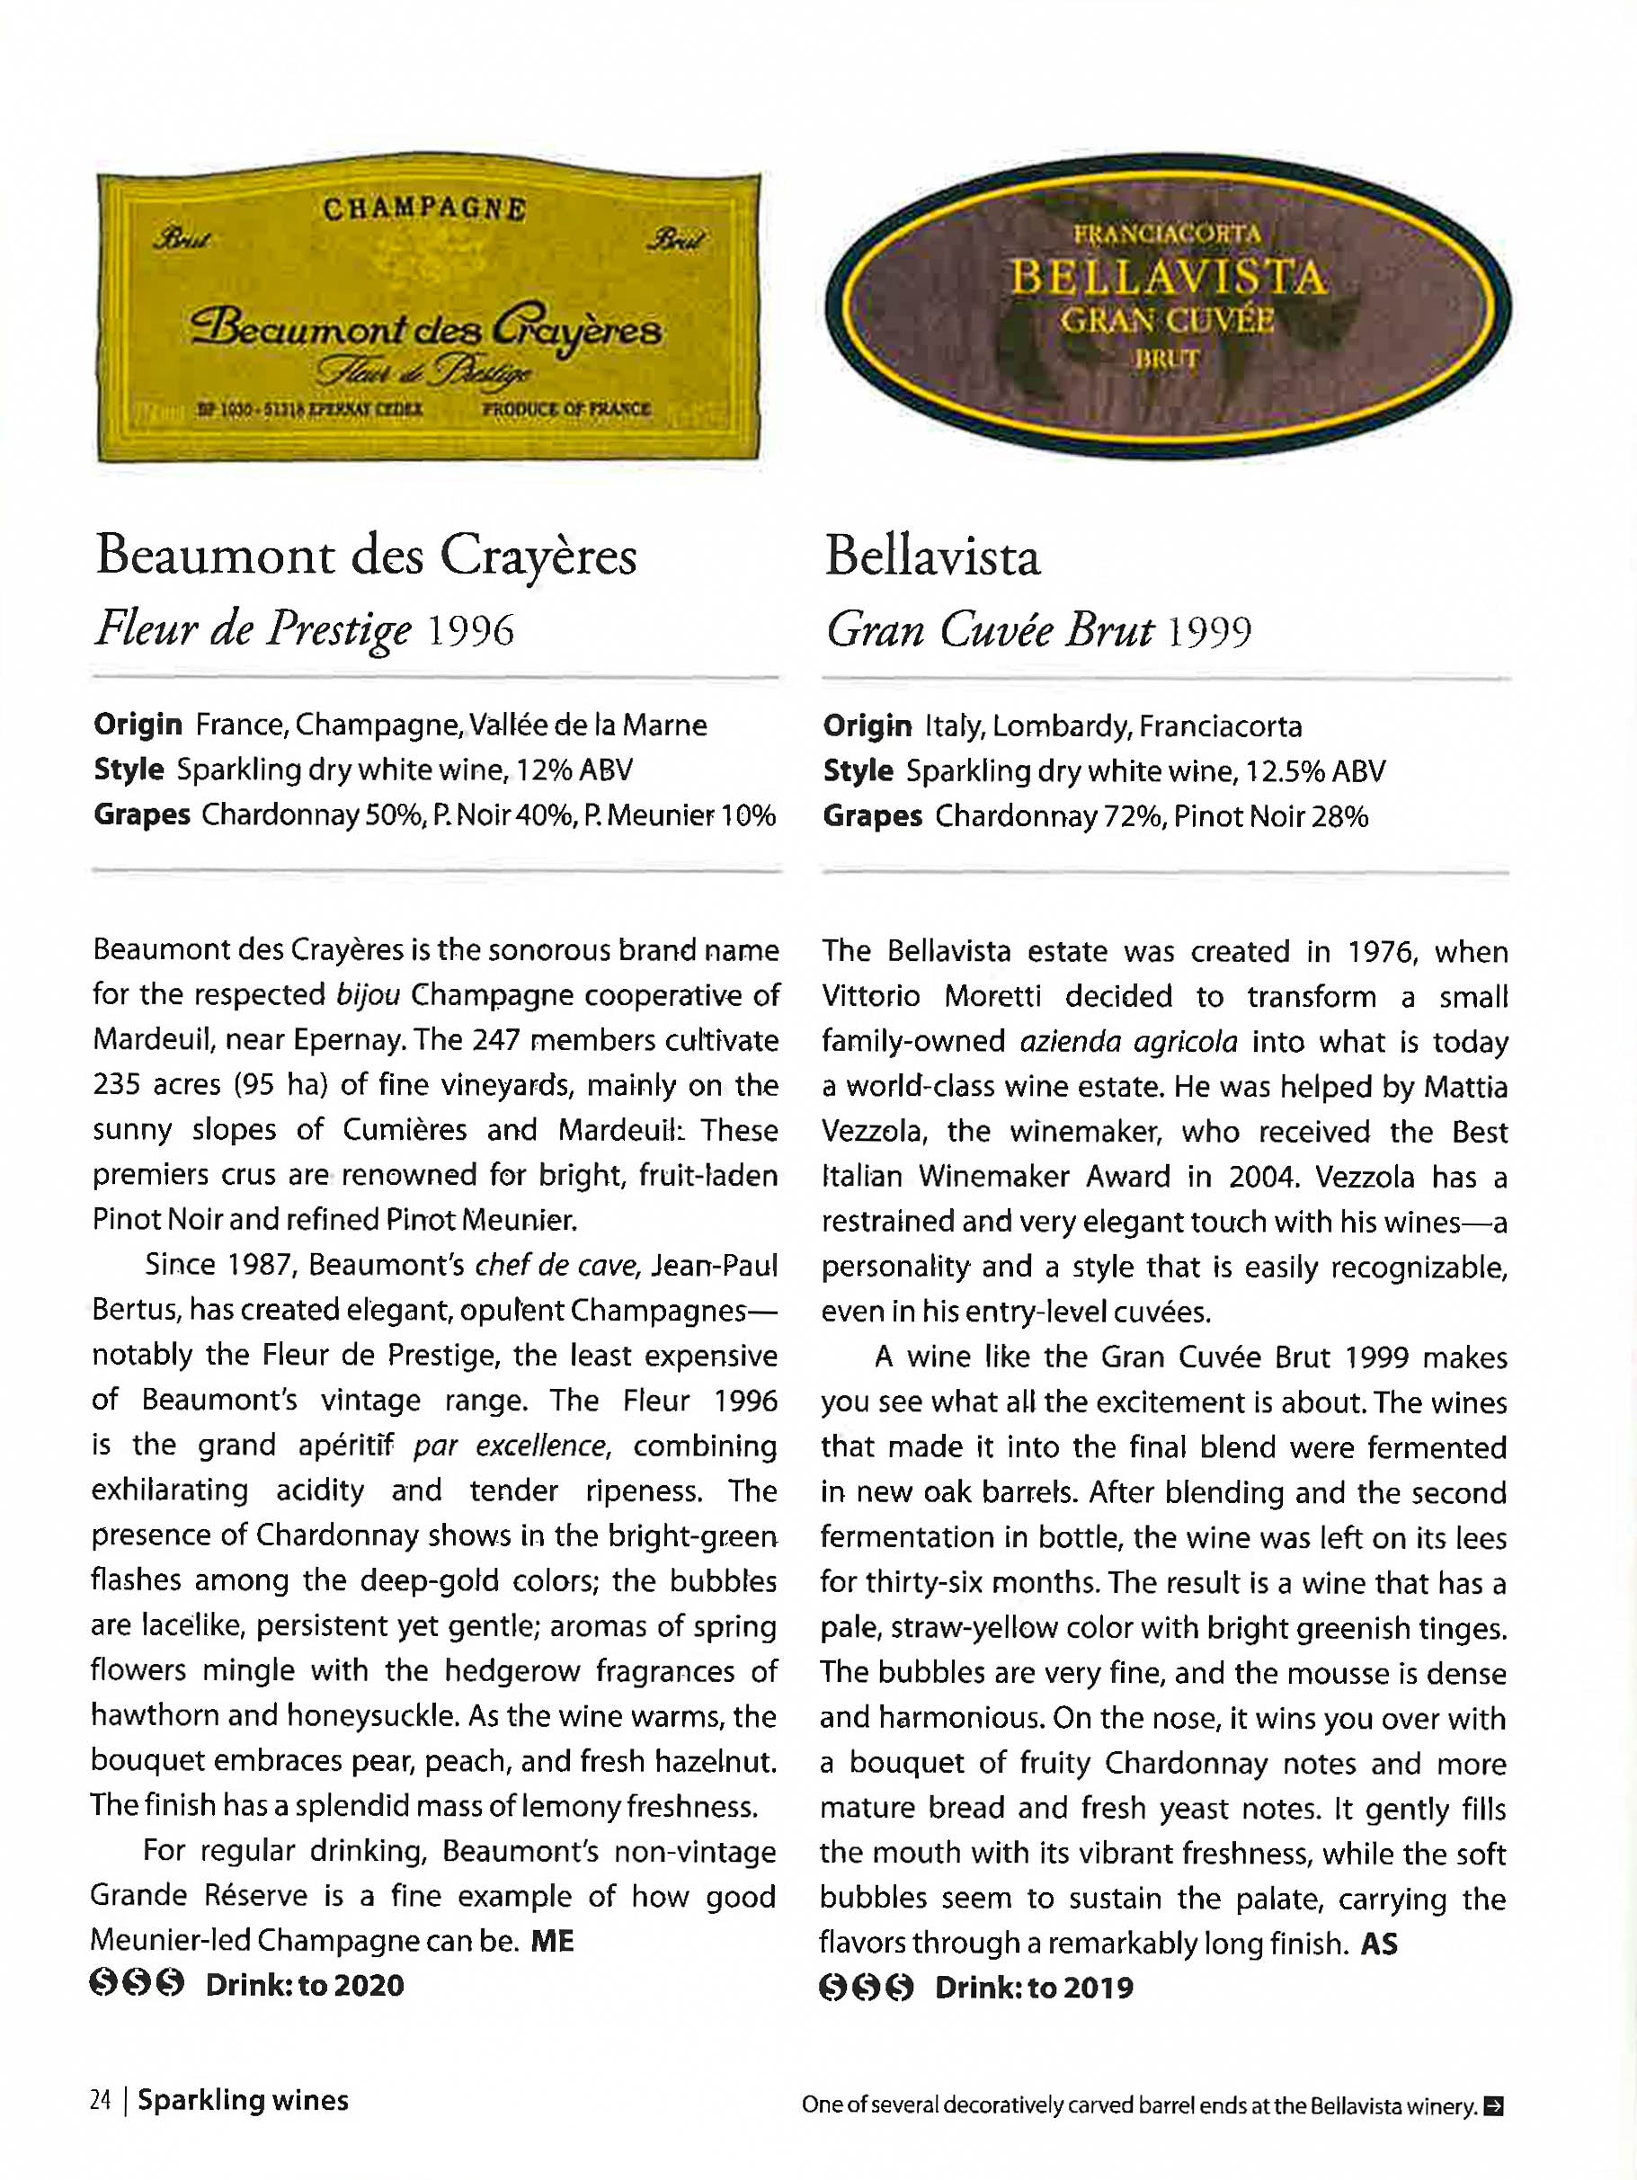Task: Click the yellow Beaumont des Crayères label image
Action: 429,316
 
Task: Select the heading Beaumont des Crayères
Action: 366,556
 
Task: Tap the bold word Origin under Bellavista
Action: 867,726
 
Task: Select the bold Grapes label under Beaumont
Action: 141,816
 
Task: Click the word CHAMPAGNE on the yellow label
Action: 425,209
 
